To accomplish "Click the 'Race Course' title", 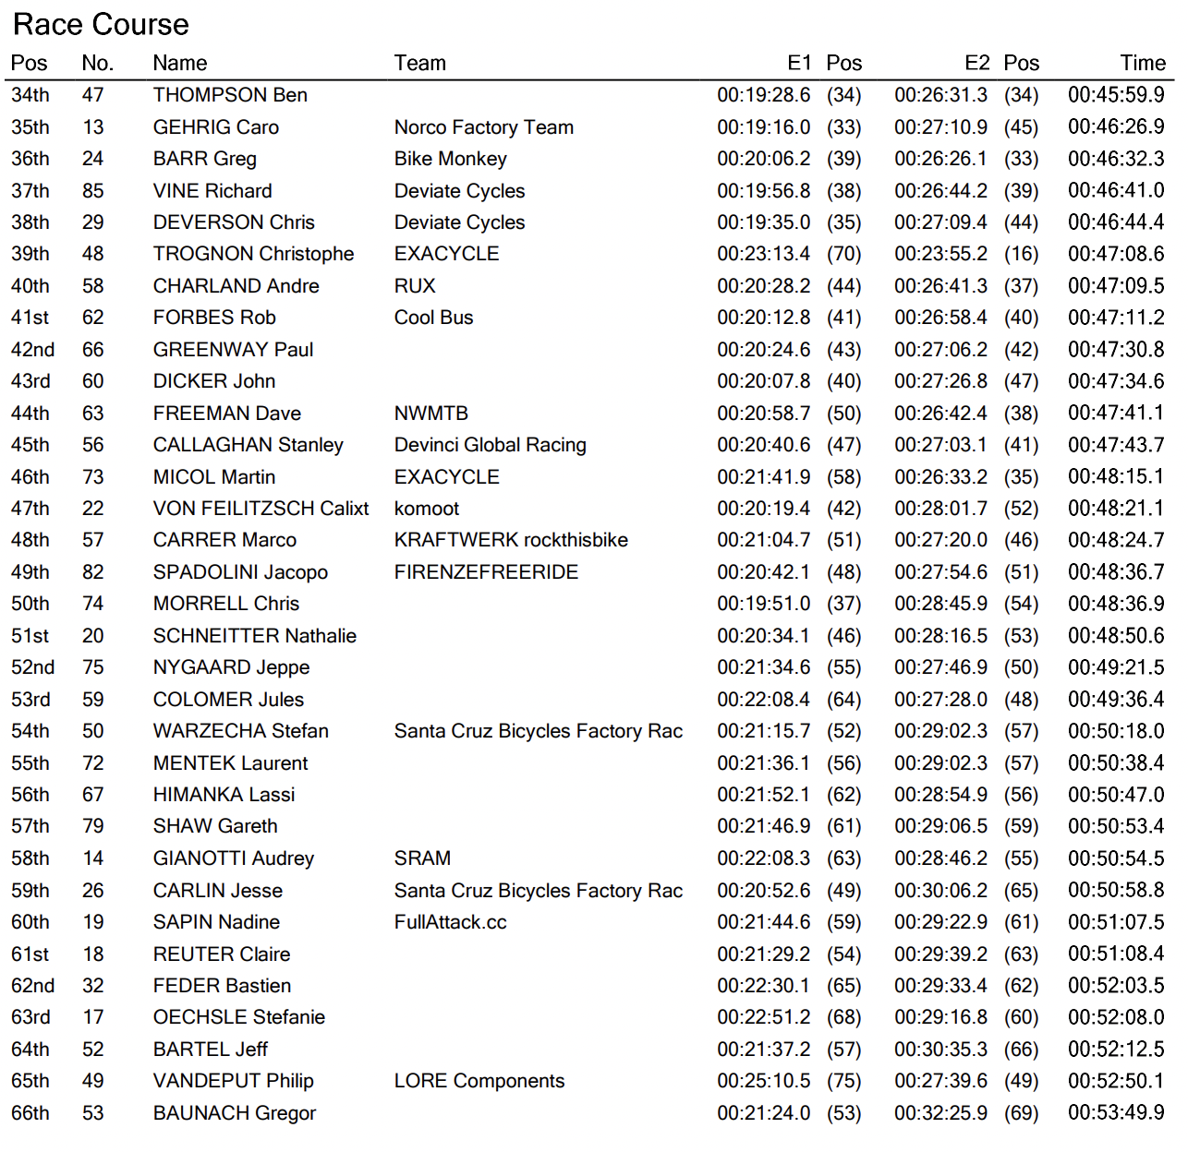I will click(101, 25).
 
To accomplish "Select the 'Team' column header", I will click(419, 63).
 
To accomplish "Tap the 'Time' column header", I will click(1143, 63).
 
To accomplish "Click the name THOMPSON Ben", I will click(230, 95).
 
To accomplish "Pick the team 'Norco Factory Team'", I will click(483, 127).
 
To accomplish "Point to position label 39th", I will click(30, 254).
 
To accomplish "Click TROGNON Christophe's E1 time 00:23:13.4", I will click(763, 254).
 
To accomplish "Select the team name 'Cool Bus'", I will click(433, 318).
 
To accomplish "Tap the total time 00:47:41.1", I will click(1115, 413).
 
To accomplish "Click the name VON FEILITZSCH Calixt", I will click(261, 509).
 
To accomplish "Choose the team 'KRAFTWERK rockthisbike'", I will click(511, 540).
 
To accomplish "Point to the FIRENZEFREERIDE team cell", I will click(486, 572).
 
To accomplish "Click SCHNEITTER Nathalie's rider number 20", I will click(93, 636).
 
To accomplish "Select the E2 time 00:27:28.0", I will click(940, 700).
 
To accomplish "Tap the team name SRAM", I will click(422, 858).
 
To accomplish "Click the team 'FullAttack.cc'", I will click(450, 922).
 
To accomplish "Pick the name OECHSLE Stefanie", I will click(239, 1017).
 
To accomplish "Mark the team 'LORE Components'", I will click(479, 1081).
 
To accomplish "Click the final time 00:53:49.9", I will click(1115, 1113).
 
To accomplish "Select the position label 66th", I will click(30, 1113).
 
